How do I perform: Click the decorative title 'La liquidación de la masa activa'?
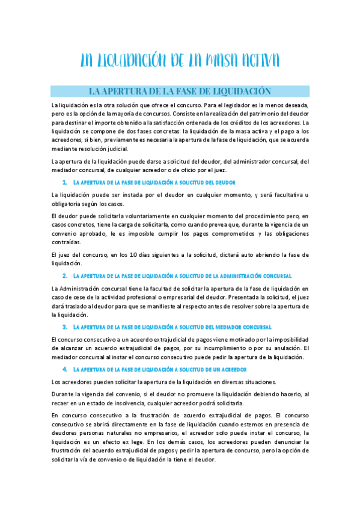click(x=180, y=61)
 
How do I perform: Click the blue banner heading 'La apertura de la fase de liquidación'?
click(x=180, y=91)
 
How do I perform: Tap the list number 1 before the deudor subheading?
click(x=64, y=182)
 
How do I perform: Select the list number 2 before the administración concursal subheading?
click(x=64, y=275)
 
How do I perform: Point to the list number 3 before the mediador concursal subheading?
click(x=64, y=327)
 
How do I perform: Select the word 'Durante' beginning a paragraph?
click(x=63, y=394)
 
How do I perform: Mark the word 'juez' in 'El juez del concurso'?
click(x=66, y=255)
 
